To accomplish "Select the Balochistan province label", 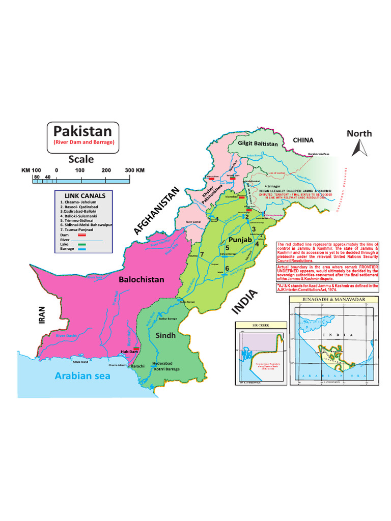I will [142, 279].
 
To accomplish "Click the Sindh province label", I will [166, 335].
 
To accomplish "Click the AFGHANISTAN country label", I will [157, 211].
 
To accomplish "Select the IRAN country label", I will [43, 314].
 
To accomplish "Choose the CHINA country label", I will [303, 140].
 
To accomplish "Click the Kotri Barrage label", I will [165, 369].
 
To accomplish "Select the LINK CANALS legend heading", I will [85, 196].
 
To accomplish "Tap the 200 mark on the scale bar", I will [106, 170].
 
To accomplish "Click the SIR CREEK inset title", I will [260, 324].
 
